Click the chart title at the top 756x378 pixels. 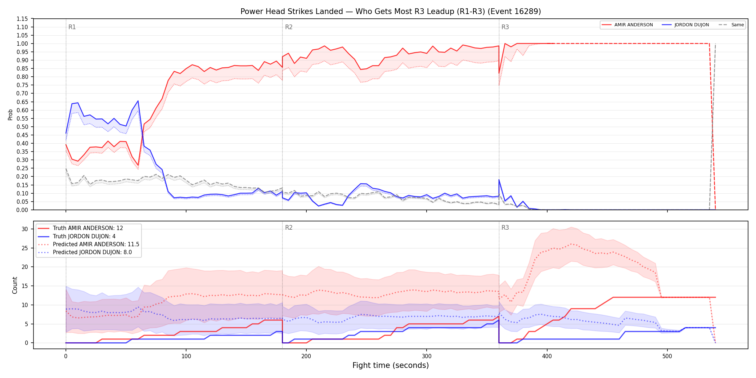[x=391, y=12]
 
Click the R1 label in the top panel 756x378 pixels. [x=72, y=27]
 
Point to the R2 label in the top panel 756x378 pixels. [x=289, y=27]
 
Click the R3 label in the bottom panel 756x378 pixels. [x=505, y=228]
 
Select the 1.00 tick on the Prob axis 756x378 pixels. [x=22, y=44]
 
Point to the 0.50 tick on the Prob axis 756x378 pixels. [x=22, y=127]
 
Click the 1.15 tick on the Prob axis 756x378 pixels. [x=22, y=19]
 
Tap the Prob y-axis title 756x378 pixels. [x=10, y=114]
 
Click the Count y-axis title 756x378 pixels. [x=15, y=285]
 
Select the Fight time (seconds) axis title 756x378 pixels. [x=391, y=365]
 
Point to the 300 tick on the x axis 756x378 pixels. [x=427, y=356]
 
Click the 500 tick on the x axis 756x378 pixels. [x=667, y=356]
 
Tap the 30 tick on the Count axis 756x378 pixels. [x=25, y=229]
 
